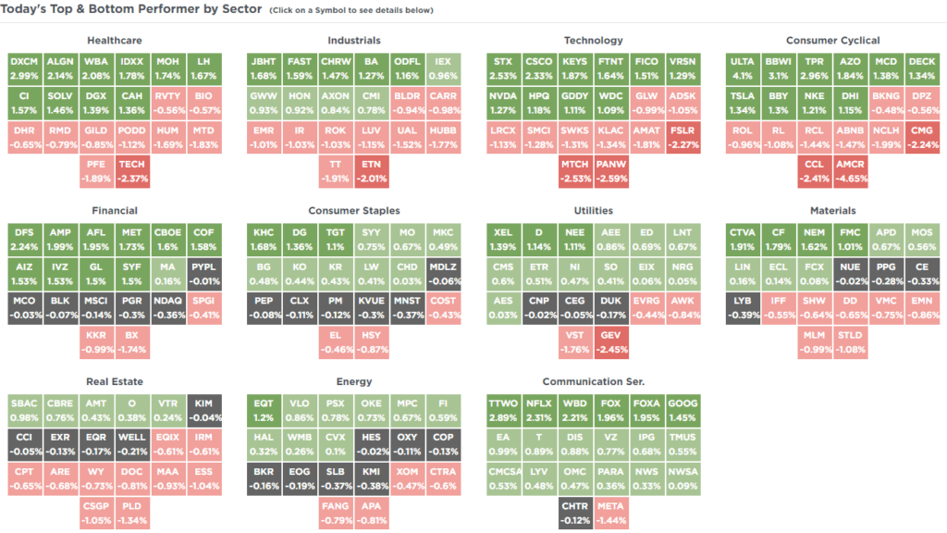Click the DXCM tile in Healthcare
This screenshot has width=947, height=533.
click(24, 68)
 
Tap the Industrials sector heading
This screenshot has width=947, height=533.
click(354, 41)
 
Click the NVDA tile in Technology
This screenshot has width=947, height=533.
click(503, 103)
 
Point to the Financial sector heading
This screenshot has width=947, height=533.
click(115, 211)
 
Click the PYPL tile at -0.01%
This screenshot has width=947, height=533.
click(203, 273)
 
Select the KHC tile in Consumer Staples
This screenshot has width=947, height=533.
click(264, 239)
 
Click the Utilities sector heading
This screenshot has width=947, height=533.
click(593, 211)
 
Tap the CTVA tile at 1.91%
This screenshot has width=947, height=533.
click(743, 239)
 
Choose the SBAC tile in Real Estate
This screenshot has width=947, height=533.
click(24, 409)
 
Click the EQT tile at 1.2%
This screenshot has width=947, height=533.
click(264, 409)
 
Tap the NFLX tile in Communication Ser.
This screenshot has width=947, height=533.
click(539, 409)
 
